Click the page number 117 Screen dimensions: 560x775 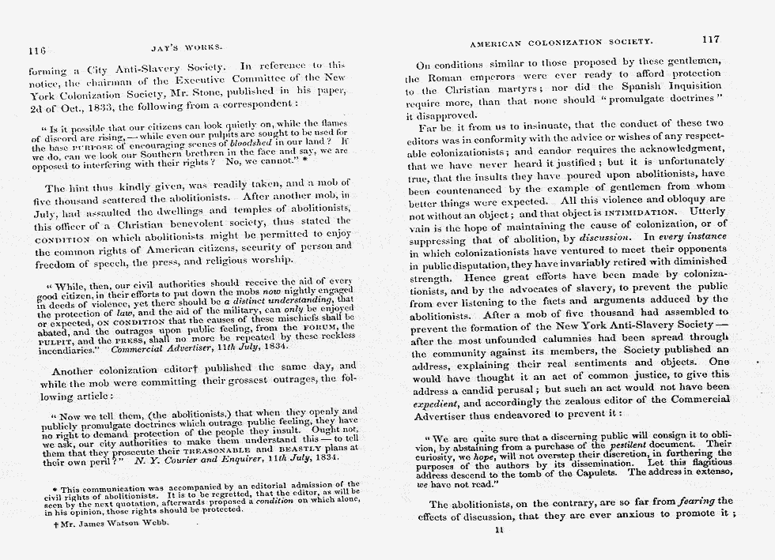(709, 39)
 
